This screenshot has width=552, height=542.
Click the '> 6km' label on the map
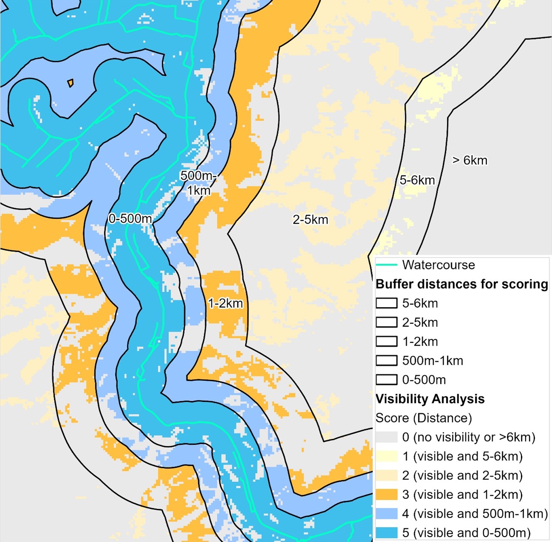[470, 161]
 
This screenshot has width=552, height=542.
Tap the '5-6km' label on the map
[417, 180]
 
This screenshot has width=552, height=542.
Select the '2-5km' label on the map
[310, 220]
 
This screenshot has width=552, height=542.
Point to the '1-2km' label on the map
[225, 303]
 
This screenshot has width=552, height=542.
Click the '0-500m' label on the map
[130, 219]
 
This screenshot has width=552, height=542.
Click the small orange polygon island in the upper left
[70, 82]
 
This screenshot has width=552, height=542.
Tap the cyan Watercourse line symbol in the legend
[386, 265]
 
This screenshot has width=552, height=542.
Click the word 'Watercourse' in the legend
[438, 265]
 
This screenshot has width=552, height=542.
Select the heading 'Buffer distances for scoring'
[462, 284]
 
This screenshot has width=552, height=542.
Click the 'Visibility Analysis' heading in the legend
[430, 399]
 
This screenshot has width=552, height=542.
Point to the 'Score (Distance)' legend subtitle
[423, 418]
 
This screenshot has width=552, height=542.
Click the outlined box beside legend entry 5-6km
[386, 303]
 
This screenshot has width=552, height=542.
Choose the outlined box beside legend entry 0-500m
[386, 380]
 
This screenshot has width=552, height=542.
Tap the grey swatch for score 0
[386, 437]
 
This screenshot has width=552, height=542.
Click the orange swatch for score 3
[386, 494]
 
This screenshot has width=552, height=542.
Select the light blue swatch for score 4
[386, 514]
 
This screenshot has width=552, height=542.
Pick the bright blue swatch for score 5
[386, 533]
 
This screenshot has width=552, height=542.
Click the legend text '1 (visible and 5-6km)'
[462, 456]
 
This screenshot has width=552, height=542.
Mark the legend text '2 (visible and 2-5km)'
[462, 475]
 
